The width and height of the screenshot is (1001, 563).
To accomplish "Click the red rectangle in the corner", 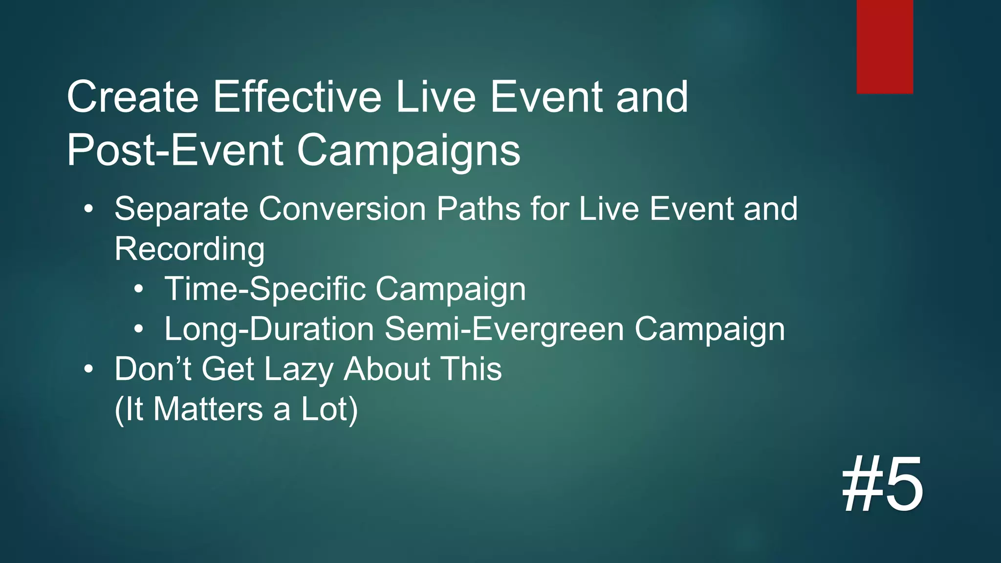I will (x=885, y=46).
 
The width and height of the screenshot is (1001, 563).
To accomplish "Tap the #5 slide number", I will (x=883, y=484).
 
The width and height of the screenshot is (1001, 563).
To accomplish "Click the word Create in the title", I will (x=132, y=97).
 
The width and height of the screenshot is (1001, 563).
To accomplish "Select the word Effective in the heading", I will (x=297, y=97).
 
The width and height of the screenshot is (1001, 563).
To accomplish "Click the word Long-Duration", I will (x=269, y=329).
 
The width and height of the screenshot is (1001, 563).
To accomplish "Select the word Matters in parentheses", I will (x=208, y=410).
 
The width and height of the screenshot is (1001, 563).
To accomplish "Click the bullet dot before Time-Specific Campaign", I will (x=139, y=290).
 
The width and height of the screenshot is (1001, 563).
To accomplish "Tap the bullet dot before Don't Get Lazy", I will (x=88, y=369).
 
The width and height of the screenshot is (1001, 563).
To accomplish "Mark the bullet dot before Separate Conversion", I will (x=88, y=210).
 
